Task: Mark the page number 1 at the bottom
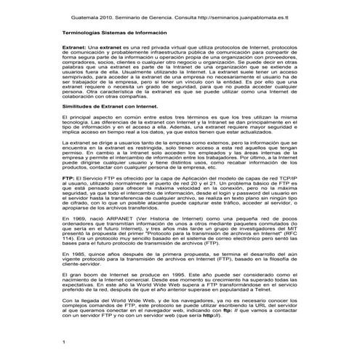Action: click(64, 341)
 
